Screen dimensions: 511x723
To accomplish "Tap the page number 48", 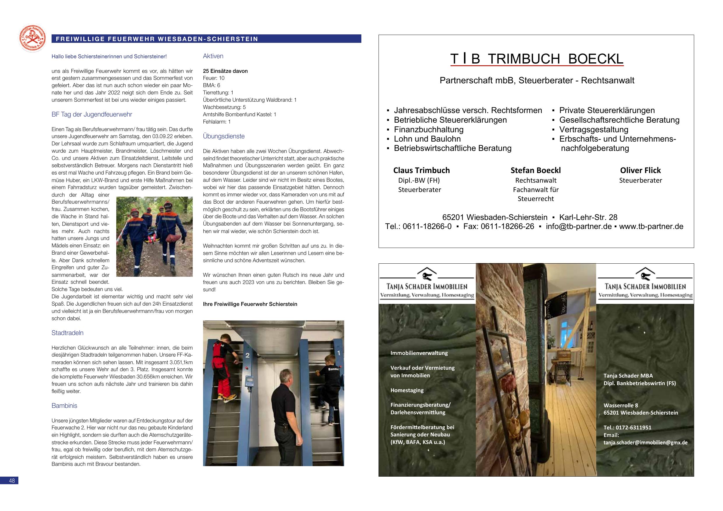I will click(11, 481).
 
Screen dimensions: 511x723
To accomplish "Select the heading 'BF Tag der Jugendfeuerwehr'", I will click(92, 114).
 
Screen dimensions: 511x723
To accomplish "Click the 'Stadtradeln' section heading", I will click(67, 333).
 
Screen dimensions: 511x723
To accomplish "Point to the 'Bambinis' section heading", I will click(64, 406).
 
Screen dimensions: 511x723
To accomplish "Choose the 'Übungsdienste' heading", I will click(224, 136).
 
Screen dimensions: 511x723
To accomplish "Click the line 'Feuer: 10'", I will click(214, 78).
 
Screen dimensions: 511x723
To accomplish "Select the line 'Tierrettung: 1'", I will click(218, 93).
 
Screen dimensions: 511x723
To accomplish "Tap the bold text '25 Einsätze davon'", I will click(225, 71).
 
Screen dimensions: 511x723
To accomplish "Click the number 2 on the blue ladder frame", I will click(247, 356).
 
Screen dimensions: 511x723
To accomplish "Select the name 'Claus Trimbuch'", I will click(421, 170).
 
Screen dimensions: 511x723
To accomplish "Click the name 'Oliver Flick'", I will click(640, 170).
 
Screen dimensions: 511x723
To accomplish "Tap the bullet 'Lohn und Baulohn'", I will click(427, 139).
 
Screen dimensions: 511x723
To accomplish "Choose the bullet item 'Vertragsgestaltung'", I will click(593, 129).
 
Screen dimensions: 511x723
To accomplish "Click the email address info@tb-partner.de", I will click(578, 226).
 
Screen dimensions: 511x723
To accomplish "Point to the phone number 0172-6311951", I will click(634, 428).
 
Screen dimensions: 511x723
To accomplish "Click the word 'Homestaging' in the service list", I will click(407, 390).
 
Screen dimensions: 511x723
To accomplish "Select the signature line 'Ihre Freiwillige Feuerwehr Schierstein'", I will click(250, 304).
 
